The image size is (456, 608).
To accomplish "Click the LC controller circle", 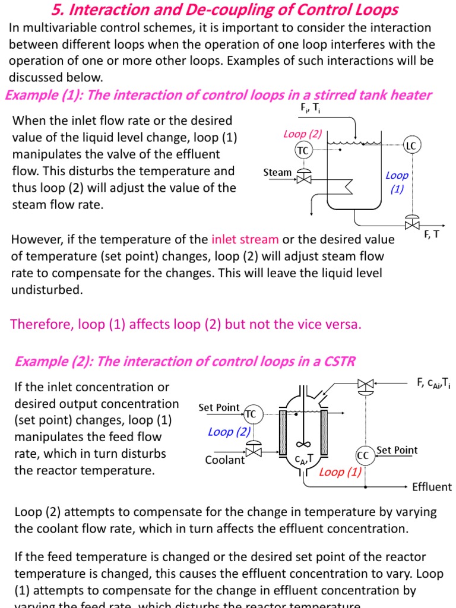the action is click(411, 145).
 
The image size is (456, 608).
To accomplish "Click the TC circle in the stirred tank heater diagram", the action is click(303, 150).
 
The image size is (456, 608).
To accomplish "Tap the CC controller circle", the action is click(363, 455).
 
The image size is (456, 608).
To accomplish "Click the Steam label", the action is click(277, 173).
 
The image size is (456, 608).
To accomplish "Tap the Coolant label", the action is click(224, 460).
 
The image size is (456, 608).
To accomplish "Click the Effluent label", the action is click(432, 487).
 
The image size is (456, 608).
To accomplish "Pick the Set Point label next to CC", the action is click(397, 450).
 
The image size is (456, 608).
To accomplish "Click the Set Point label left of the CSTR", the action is click(218, 407).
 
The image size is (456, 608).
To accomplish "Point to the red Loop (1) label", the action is click(340, 472).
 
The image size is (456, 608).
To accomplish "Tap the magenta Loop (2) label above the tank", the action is click(302, 134).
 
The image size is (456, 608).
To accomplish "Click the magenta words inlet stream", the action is click(245, 239).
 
